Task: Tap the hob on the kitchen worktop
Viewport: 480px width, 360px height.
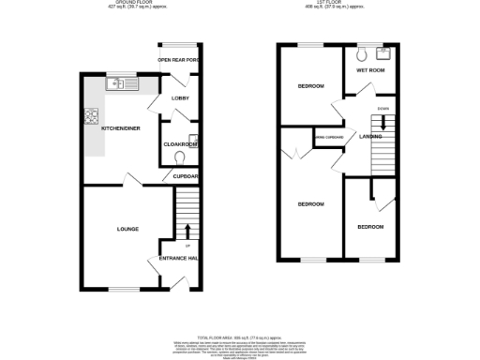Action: pos(92,117)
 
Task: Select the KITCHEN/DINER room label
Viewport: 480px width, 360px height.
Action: pos(121,128)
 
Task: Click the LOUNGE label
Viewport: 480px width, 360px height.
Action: pos(127,229)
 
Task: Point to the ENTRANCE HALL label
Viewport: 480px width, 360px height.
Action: pos(178,258)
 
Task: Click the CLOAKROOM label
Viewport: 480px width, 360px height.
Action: pos(180,144)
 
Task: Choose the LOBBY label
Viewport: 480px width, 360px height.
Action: pos(181,97)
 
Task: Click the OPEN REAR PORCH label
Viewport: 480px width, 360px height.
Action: pos(178,60)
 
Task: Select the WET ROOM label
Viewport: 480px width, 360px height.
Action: pos(370,69)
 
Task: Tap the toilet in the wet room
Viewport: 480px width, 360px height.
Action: pos(362,52)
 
